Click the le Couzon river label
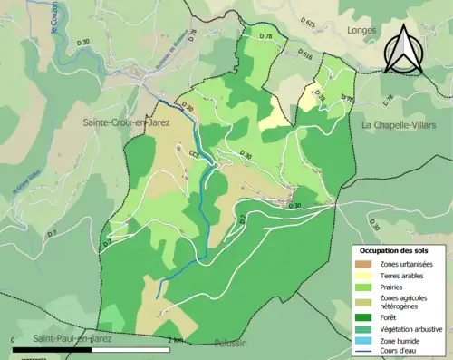pos(55,18)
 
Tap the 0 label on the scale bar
pos(14,339)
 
